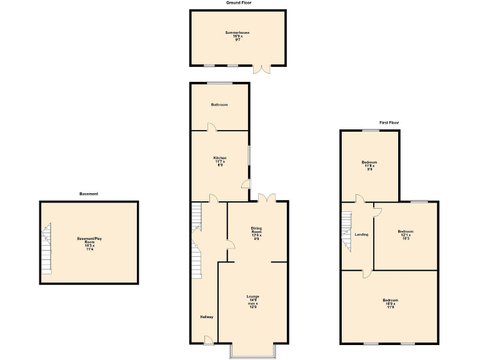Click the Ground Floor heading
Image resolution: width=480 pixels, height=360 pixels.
pyautogui.click(x=239, y=2)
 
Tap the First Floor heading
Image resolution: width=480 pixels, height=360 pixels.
pyautogui.click(x=389, y=122)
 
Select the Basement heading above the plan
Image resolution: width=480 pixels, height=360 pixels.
pyautogui.click(x=89, y=194)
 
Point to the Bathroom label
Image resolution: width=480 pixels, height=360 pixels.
pyautogui.click(x=219, y=105)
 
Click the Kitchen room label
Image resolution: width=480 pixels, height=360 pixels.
pyautogui.click(x=219, y=161)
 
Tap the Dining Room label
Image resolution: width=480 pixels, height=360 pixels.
pyautogui.click(x=256, y=233)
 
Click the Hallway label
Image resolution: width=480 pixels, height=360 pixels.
pyautogui.click(x=207, y=317)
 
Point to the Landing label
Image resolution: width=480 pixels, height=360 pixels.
pyautogui.click(x=361, y=234)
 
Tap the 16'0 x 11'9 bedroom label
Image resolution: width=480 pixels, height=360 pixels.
pyautogui.click(x=389, y=304)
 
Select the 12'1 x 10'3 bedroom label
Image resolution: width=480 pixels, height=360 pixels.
pyautogui.click(x=406, y=234)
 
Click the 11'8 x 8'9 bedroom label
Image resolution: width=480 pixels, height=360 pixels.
pyautogui.click(x=369, y=165)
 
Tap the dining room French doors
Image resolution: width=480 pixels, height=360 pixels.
pyautogui.click(x=267, y=197)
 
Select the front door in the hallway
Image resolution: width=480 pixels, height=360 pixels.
pyautogui.click(x=207, y=340)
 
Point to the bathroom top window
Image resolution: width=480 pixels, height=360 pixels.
pyautogui.click(x=220, y=83)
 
